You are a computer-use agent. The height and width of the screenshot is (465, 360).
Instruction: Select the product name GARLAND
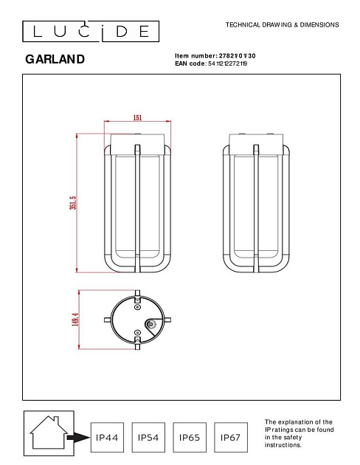55,59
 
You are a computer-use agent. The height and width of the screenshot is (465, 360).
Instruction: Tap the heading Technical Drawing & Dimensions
282,25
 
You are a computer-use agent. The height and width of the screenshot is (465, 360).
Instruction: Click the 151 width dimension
137,117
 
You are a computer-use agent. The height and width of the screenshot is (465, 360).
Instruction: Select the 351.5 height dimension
73,202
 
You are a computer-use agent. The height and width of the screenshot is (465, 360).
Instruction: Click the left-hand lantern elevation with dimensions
137,202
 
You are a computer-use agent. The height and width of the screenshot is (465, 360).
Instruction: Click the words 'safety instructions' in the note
284,441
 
